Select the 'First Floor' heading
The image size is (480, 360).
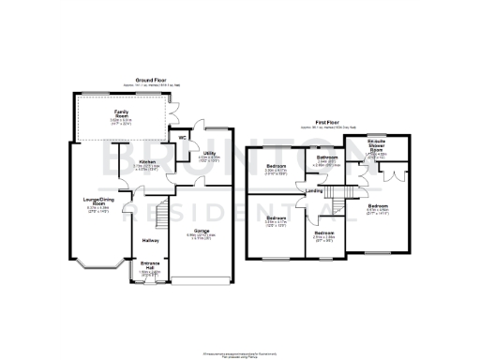327,122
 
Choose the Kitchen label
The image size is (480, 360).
147,162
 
